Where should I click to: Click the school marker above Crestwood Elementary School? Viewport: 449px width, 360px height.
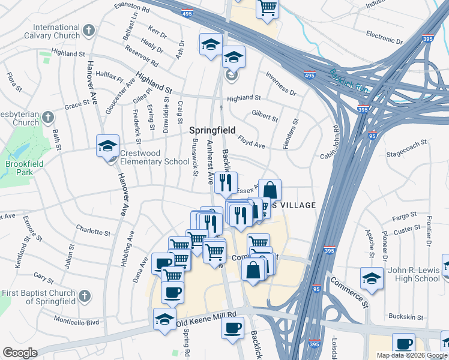108,146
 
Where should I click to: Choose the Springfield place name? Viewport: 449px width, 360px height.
212,130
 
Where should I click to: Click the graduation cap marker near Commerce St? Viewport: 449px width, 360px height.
372,278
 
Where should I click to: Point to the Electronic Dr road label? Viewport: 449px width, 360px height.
384,37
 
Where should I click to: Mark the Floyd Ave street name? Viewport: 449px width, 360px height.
251,145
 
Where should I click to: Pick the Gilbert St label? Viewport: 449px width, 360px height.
265,116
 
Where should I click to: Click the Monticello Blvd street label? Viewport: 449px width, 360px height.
76,322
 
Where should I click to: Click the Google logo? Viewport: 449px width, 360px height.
20,353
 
